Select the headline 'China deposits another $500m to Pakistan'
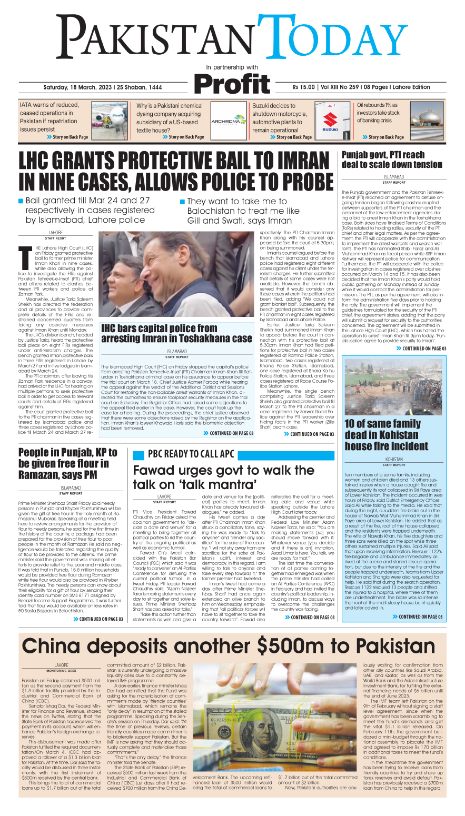tap(228, 646)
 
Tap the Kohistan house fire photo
tap(393, 387)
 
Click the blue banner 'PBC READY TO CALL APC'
tap(233, 454)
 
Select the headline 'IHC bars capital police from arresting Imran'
tap(176, 333)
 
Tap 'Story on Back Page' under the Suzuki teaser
tap(294, 137)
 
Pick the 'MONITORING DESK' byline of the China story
tap(61, 671)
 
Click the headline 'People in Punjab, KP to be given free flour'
tap(67, 464)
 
